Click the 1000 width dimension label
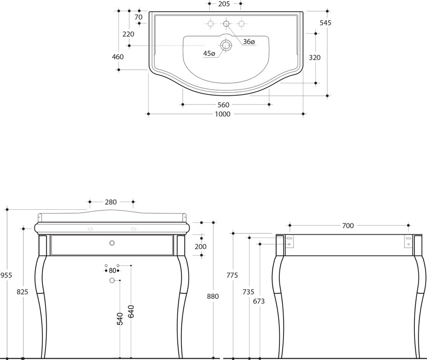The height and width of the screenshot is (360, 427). pos(222,114)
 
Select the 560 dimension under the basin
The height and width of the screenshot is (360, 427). pos(223,105)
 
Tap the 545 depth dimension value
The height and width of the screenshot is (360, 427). pos(325,23)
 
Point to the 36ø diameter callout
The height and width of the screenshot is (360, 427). pos(249,42)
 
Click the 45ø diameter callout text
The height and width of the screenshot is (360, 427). pos(209,54)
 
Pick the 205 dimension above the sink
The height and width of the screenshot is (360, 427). pos(224,4)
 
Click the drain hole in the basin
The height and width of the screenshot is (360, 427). pos(226,45)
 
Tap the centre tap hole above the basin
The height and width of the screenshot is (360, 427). pos(226,24)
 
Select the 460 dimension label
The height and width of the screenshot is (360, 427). pos(118,57)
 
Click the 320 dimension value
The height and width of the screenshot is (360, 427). pos(315,58)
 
